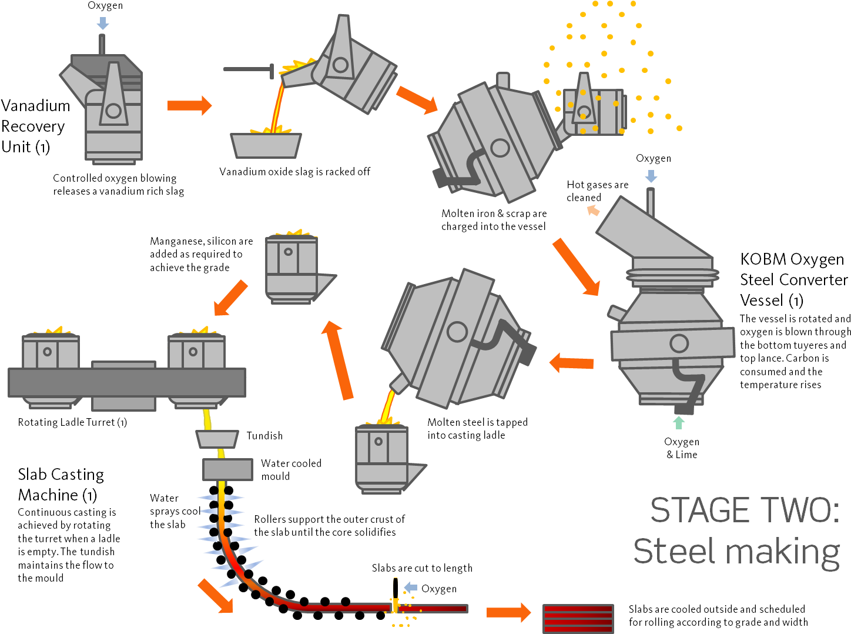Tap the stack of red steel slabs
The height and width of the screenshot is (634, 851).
click(x=578, y=619)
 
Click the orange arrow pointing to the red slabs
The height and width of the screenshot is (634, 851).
click(x=508, y=613)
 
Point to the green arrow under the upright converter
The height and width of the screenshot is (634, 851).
click(x=679, y=422)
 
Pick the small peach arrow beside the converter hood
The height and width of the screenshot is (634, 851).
click(x=593, y=210)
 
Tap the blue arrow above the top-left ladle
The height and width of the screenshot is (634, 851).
click(x=102, y=24)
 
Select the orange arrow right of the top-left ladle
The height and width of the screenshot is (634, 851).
click(x=189, y=105)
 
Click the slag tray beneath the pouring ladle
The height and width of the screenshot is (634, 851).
click(x=266, y=145)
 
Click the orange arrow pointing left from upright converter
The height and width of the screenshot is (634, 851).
click(x=571, y=363)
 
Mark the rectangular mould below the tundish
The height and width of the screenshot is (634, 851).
click(x=227, y=470)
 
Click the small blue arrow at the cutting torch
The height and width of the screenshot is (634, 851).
click(x=411, y=587)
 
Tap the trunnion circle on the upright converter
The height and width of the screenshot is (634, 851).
click(x=679, y=343)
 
